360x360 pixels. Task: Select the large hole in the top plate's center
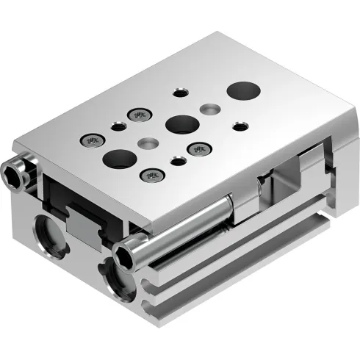pyautogui.click(x=179, y=123)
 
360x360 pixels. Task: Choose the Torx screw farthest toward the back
pyautogui.click(x=140, y=114)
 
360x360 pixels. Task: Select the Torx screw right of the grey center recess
pyautogui.click(x=198, y=149)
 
